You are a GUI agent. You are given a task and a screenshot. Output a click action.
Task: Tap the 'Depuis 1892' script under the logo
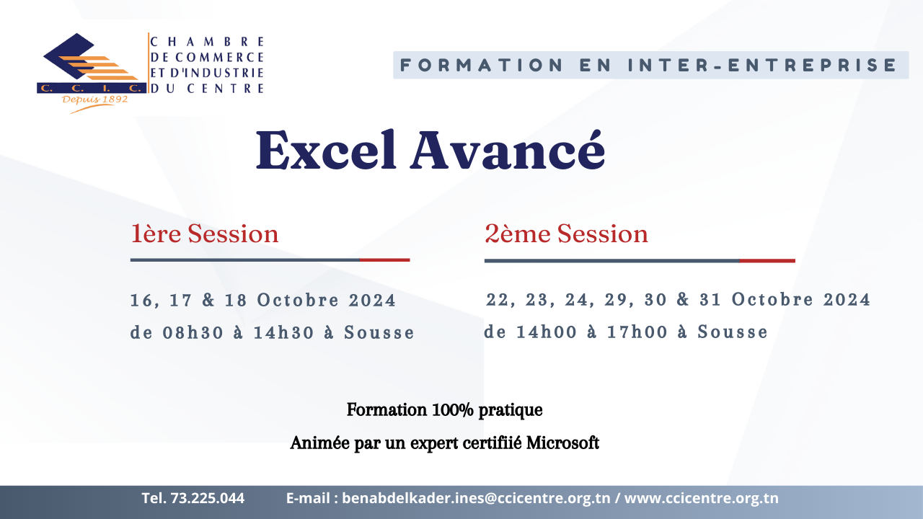point(94,99)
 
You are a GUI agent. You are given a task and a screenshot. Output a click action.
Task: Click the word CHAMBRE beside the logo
point(207,42)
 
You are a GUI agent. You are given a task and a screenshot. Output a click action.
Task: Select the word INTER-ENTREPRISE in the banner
point(762,65)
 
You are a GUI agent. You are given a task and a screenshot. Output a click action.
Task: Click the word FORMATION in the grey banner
point(482,65)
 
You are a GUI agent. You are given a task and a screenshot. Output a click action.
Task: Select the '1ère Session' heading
point(205,234)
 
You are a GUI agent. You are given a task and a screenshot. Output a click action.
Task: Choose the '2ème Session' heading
point(566,234)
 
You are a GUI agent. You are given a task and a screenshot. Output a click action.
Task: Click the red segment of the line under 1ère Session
point(385,260)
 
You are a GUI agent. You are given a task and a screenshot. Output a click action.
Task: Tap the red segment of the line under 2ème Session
point(767,261)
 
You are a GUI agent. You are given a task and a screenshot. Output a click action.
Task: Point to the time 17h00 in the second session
point(637,332)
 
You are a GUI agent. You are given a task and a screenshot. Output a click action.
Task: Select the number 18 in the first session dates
point(236,300)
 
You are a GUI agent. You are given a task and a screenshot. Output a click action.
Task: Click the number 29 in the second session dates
point(615,299)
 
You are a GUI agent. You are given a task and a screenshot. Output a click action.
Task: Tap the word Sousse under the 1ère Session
point(379,332)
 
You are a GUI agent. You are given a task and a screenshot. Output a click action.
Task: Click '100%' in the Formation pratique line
point(452,410)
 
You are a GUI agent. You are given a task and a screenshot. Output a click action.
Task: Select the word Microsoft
point(562,443)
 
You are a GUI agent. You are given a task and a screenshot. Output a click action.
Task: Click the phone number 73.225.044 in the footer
point(207,498)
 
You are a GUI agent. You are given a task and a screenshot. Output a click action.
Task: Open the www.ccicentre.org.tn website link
point(702,498)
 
